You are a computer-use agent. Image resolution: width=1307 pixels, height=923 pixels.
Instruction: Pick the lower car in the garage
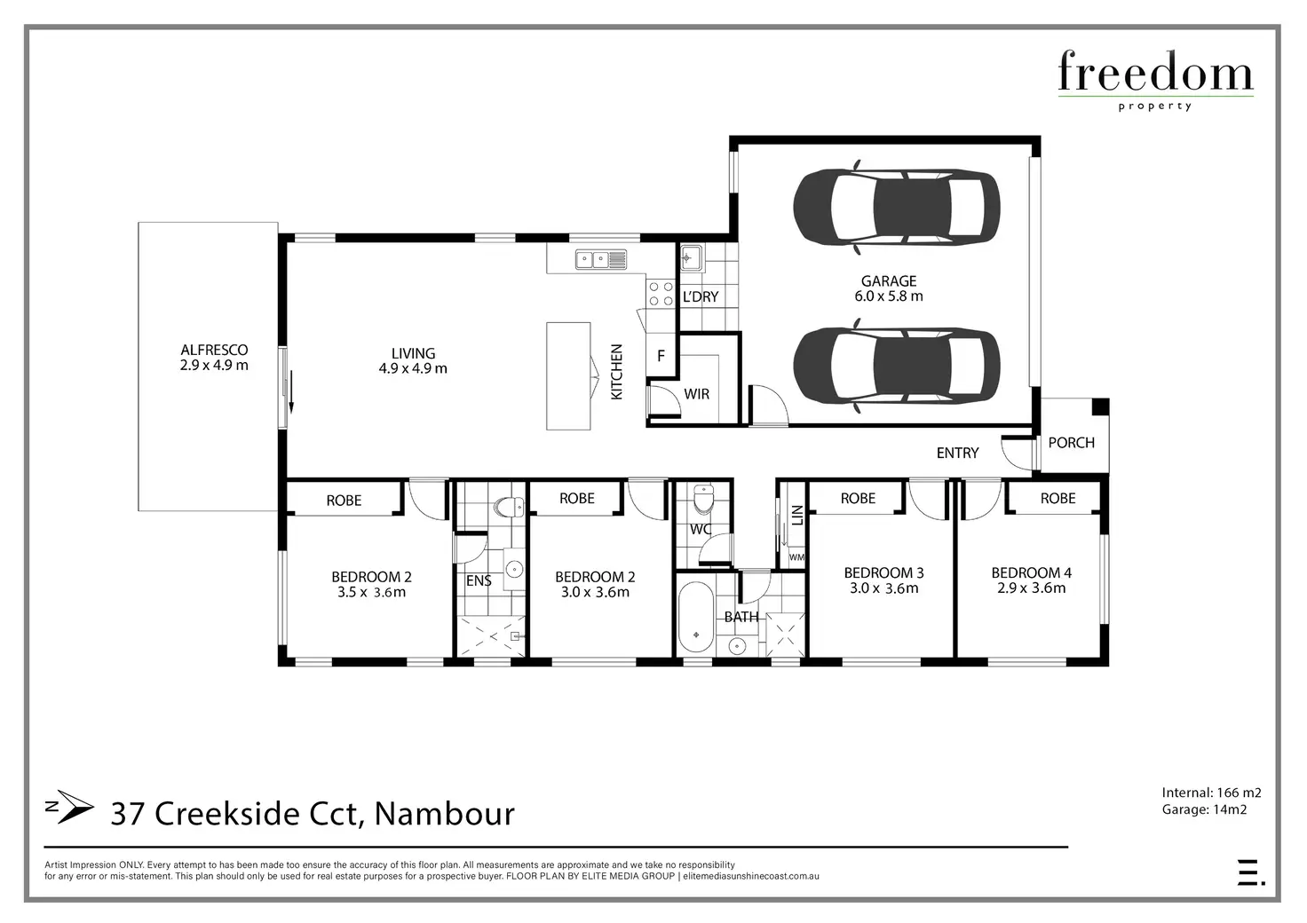[x=896, y=366]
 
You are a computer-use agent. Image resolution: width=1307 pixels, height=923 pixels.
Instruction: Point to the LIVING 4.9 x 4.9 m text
[x=413, y=360]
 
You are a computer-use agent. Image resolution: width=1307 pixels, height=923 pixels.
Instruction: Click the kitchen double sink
[x=601, y=259]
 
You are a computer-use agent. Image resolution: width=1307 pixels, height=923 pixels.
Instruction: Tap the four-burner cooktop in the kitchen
[x=661, y=293]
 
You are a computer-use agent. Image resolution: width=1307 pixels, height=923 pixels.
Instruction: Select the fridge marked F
[x=661, y=356]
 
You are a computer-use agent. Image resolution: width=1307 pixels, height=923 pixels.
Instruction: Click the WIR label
[x=697, y=394]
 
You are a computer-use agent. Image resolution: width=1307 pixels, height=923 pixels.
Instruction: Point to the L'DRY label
[x=701, y=296]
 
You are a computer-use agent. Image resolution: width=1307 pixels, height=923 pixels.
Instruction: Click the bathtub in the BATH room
[x=695, y=617]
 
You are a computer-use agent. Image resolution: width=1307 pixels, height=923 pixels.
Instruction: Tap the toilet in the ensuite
[x=508, y=508]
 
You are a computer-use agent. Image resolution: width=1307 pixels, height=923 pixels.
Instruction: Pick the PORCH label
[x=1072, y=443]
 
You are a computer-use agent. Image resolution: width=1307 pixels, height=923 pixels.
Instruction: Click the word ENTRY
[x=957, y=453]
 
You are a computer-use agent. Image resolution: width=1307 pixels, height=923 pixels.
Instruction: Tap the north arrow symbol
[x=70, y=807]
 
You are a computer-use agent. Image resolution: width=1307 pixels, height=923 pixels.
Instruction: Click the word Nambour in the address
[x=445, y=814]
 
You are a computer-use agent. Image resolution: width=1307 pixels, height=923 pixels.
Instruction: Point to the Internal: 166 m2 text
[x=1211, y=793]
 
